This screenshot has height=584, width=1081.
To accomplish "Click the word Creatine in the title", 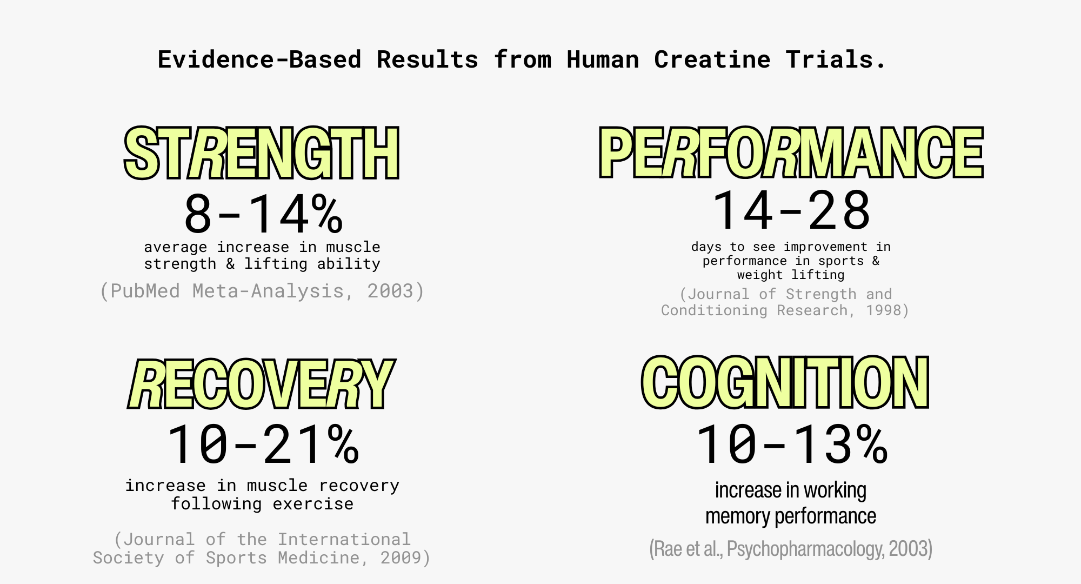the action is tap(712, 59).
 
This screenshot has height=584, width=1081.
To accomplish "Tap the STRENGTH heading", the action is tap(262, 153).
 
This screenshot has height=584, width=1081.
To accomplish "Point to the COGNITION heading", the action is tap(785, 382).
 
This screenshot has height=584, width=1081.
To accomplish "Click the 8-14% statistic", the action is tap(263, 214).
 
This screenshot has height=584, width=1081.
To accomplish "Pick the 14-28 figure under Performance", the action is tap(791, 210).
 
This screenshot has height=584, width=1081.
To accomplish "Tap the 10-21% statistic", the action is tap(263, 444).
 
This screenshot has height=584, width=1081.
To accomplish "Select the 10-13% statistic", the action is tap(791, 444).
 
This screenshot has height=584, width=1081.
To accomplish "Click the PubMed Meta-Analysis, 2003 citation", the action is tap(262, 291).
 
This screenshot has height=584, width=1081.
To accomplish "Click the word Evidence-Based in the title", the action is tap(259, 59).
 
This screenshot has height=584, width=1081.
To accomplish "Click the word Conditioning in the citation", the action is tap(714, 310).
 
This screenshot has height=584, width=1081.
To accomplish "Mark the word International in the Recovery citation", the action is tap(344, 539).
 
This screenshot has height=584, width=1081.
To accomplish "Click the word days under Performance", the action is tap(706, 247).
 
